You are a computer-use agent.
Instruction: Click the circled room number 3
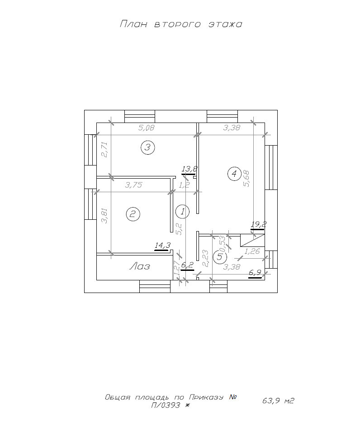click(147, 147)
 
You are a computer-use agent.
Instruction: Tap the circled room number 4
click(234, 174)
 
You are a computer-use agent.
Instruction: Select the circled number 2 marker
click(133, 214)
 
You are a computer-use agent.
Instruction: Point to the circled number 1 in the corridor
click(183, 212)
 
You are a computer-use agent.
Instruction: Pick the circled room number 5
click(220, 257)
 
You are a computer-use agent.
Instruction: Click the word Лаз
click(140, 266)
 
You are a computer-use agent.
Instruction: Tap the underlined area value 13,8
click(189, 170)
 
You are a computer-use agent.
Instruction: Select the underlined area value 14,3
click(162, 246)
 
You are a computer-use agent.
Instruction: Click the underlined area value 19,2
click(258, 224)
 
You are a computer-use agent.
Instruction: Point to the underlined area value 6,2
click(187, 265)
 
